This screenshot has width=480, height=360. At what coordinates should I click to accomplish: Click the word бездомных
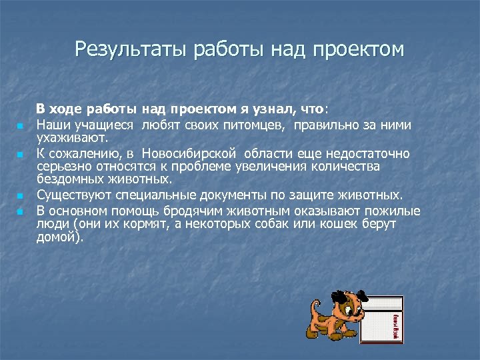tap(71, 179)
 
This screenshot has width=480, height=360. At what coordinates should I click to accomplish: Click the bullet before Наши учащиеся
tap(21, 126)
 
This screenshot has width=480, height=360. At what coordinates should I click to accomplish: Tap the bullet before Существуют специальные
tap(21, 197)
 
